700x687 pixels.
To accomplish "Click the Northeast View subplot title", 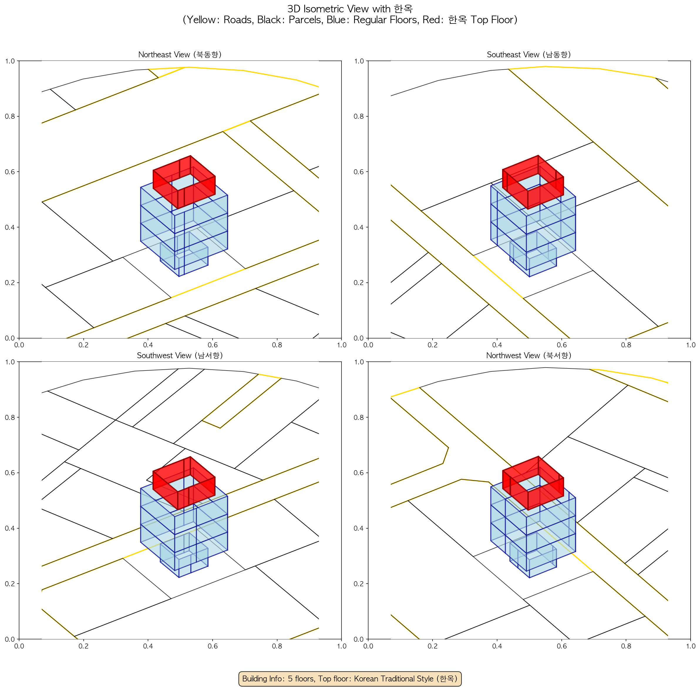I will (180, 54).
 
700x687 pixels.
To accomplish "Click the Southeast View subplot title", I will (529, 54).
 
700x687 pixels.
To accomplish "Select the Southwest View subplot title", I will (180, 356).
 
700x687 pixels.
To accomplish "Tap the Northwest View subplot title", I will (529, 356).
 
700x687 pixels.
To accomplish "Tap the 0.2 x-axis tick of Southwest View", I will (83, 646).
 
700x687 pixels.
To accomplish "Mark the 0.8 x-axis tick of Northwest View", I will (626, 646).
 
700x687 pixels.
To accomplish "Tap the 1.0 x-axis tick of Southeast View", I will (691, 345).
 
